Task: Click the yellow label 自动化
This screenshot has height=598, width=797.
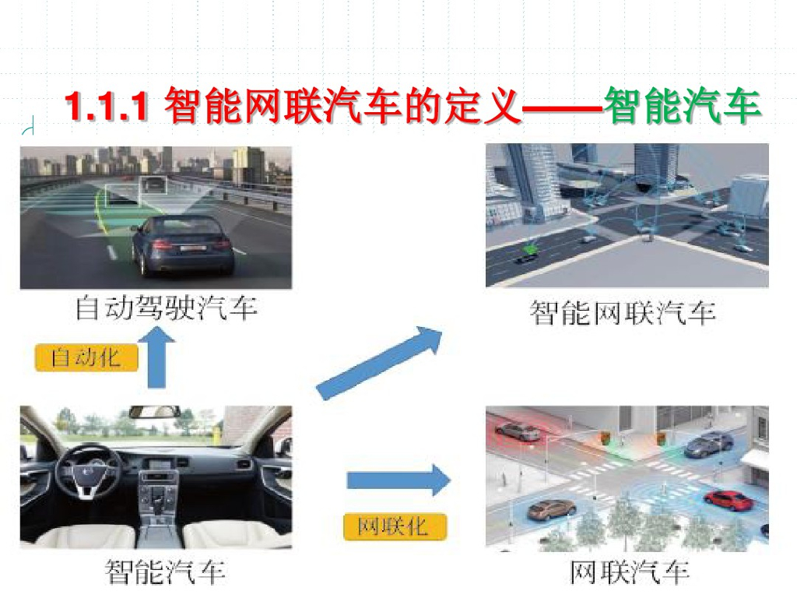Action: tap(86, 357)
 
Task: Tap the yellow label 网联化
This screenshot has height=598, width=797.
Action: tap(395, 526)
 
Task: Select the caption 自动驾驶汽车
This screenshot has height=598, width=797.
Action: tap(166, 309)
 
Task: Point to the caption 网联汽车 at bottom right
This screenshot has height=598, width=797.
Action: tap(629, 573)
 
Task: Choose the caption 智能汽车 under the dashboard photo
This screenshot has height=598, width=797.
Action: tap(166, 573)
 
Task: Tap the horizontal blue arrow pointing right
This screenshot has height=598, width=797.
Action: tap(398, 480)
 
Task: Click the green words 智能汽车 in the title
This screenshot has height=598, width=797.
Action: tap(682, 107)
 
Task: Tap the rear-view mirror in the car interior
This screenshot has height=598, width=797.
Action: tap(154, 411)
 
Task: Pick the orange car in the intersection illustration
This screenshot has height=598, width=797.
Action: tap(552, 510)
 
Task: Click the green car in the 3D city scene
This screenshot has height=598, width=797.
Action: tap(530, 250)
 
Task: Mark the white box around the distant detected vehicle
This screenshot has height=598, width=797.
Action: tap(153, 185)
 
